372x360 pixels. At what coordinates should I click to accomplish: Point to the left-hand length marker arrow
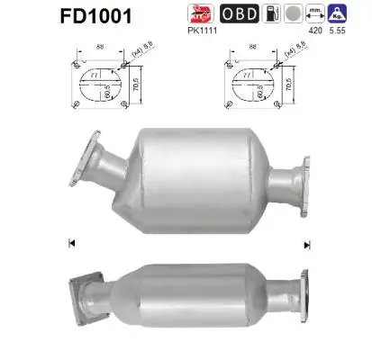[71, 244]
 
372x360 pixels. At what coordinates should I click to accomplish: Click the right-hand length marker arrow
[308, 244]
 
